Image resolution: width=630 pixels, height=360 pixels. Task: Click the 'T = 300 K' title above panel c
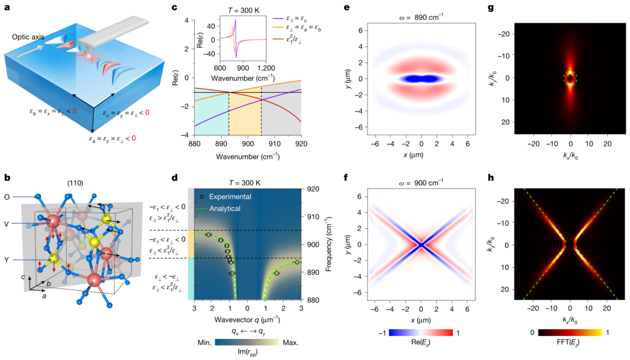click(239, 7)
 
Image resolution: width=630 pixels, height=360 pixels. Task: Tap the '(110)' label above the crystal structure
click(78, 183)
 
